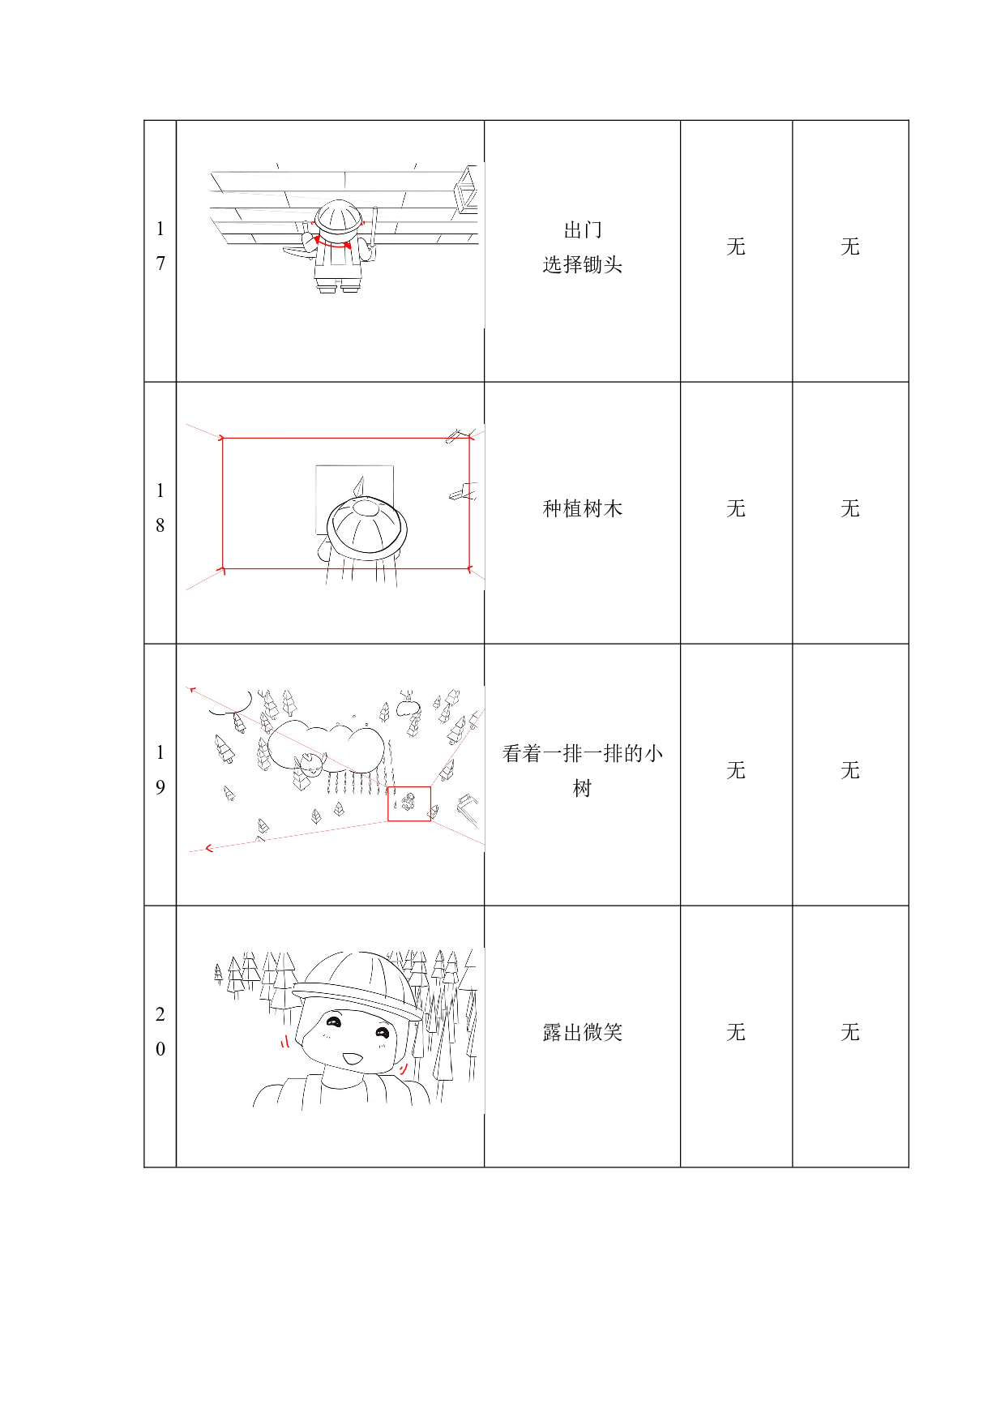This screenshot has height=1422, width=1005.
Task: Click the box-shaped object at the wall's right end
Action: point(467,190)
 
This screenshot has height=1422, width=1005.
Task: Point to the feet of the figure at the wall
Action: point(339,287)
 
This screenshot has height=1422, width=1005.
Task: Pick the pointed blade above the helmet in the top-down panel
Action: point(358,486)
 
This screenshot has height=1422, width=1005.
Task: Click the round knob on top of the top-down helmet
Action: point(366,508)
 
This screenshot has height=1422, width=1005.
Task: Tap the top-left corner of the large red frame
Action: point(222,439)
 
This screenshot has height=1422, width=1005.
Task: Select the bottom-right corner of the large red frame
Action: point(469,568)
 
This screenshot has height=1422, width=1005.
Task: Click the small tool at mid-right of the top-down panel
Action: point(463,491)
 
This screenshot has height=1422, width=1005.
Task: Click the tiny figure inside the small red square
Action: point(408,803)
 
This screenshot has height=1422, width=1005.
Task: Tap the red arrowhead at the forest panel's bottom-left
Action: point(208,848)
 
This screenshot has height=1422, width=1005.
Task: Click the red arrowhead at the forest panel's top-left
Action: point(192,691)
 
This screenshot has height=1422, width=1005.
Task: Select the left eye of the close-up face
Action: point(333,1023)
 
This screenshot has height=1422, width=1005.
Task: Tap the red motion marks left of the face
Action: point(281,1041)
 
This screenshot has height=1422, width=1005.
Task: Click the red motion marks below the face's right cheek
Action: point(402,1069)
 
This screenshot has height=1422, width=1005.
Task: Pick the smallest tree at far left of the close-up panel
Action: point(218,973)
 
